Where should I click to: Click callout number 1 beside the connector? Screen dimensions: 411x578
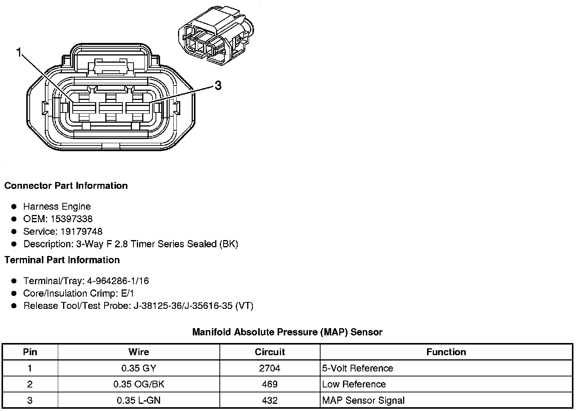coord(19,52)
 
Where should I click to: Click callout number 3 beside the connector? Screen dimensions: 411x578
coord(218,85)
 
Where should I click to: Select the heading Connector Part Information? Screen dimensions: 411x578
coord(66,186)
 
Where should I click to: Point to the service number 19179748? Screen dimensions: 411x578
coord(81,232)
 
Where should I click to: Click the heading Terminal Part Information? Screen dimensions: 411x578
coord(62,260)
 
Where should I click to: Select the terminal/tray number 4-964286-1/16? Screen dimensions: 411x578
coord(118,281)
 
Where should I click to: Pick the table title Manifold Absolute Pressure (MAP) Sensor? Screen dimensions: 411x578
coord(287,332)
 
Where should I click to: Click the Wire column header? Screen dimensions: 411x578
coord(139,352)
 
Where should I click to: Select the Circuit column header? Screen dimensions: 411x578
coord(270,352)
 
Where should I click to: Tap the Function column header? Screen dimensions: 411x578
coord(446,352)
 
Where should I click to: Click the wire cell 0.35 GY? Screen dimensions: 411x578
coord(139,368)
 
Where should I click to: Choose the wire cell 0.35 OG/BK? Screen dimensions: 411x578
coord(139,384)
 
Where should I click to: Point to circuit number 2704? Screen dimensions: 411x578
coord(270,368)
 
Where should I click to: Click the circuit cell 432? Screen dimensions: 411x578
coord(270,400)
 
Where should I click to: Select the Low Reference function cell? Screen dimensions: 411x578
coord(354,384)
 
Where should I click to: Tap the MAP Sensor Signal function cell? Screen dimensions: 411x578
coord(363,400)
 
